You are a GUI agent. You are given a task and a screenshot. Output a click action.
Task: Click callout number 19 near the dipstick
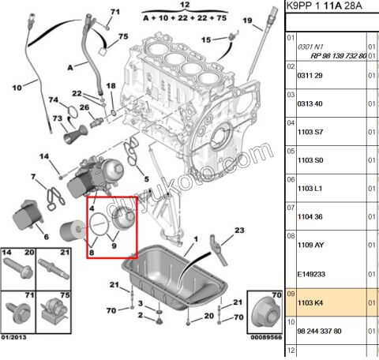[246, 20]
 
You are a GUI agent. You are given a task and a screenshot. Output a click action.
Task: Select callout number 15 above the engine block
[205, 39]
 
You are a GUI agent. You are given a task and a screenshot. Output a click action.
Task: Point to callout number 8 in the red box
[92, 253]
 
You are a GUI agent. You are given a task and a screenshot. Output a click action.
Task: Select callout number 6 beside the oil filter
[46, 236]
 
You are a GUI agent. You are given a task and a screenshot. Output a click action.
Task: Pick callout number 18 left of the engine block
[110, 85]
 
